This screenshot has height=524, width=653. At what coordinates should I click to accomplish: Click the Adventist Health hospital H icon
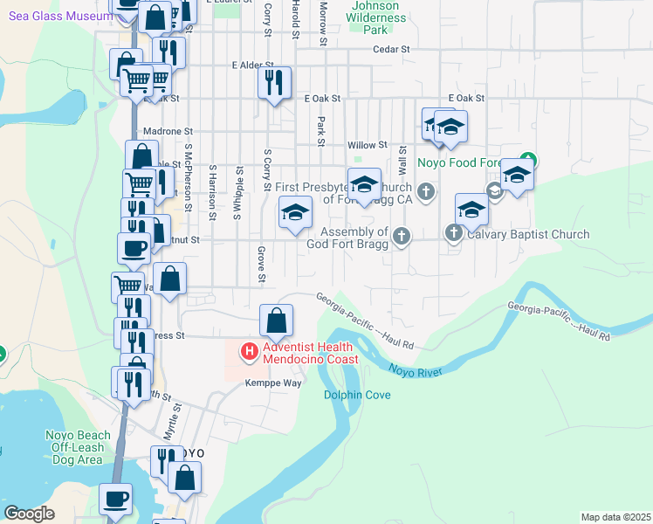249,352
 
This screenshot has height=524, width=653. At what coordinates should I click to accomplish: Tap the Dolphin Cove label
357,395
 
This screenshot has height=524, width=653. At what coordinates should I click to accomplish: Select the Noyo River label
416,372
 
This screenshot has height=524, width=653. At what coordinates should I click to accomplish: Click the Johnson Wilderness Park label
375,17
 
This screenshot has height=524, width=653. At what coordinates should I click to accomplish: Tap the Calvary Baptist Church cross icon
453,233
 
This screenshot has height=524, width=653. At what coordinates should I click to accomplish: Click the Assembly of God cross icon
401,235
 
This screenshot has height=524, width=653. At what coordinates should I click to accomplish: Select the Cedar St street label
391,50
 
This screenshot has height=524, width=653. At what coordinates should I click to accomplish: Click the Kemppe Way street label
272,383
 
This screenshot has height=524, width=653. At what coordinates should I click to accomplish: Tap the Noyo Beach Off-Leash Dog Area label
79,447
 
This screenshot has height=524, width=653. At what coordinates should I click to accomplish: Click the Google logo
30,514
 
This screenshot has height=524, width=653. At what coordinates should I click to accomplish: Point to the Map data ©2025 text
615,517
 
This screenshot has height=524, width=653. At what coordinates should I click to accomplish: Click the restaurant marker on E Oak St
275,84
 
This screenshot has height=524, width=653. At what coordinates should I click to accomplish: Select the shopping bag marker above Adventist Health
277,321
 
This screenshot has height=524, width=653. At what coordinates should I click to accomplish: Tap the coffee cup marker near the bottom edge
116,500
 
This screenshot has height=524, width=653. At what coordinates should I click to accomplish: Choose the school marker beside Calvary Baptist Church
471,210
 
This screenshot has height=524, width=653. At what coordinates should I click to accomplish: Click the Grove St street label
261,265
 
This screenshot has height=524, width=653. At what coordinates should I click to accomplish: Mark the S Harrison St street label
212,188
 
